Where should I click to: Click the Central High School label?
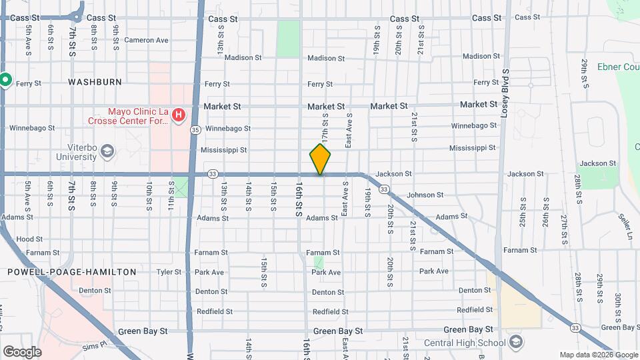[465, 343]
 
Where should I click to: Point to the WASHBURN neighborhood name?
[95, 82]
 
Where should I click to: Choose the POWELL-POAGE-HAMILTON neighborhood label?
[71, 272]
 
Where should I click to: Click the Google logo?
[22, 351]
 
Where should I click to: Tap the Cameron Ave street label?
[146, 40]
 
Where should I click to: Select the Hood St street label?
[29, 239]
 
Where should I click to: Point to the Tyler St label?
[168, 272]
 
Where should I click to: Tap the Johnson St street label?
[425, 195]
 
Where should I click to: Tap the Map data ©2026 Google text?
[598, 355]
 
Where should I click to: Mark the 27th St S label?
[564, 213]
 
